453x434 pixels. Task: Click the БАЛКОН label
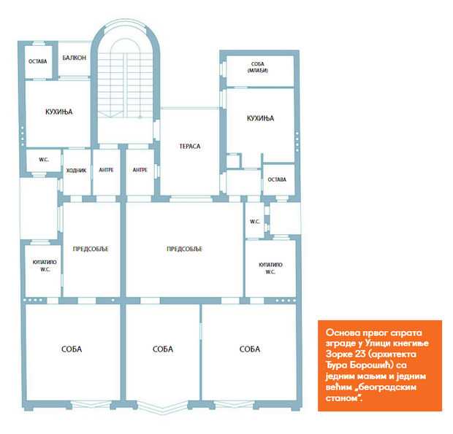(75, 58)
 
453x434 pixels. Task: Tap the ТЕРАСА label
(190, 146)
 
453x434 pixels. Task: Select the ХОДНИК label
(76, 171)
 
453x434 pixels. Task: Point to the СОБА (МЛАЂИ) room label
(258, 67)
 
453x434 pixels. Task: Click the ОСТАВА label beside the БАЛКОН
(37, 61)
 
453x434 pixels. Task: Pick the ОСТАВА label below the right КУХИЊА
(277, 179)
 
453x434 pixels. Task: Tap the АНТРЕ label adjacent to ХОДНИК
(107, 170)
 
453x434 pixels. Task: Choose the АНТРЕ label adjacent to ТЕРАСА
(140, 170)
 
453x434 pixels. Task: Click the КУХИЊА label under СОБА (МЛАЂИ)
(260, 118)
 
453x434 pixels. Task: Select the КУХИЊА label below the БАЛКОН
(59, 112)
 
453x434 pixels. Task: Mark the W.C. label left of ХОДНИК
(44, 160)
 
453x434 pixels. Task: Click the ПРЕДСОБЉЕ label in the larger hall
(185, 249)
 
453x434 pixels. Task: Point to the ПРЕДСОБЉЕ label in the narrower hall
(91, 249)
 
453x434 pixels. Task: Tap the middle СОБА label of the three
(163, 349)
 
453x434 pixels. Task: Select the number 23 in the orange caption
(360, 354)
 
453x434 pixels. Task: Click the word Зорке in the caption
(338, 354)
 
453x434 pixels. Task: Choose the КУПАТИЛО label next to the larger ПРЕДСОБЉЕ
(270, 265)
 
